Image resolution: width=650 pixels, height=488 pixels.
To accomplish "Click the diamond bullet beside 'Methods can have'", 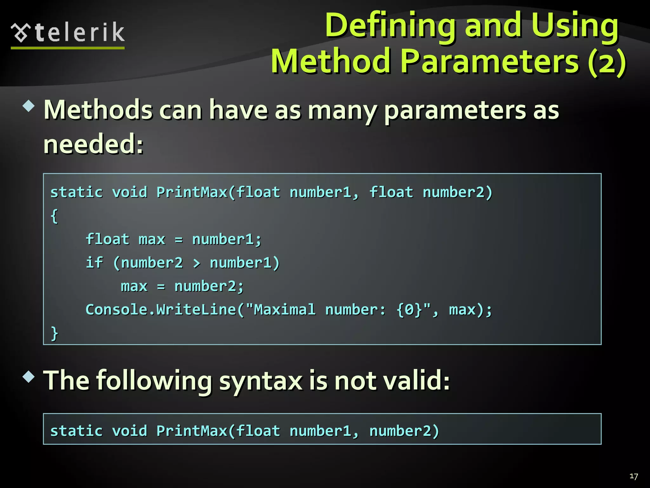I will pyautogui.click(x=29, y=106).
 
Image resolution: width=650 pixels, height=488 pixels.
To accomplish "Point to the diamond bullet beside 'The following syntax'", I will pyautogui.click(x=29, y=376).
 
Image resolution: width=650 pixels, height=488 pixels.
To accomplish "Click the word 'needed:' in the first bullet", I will pyautogui.click(x=93, y=144).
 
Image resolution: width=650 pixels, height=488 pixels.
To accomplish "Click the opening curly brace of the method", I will pyautogui.click(x=54, y=216).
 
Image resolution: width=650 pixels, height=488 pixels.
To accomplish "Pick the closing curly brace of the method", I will pyautogui.click(x=54, y=333).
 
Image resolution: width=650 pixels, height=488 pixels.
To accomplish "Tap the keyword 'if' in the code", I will pyautogui.click(x=94, y=262).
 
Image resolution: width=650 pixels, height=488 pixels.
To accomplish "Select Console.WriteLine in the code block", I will pyautogui.click(x=161, y=309).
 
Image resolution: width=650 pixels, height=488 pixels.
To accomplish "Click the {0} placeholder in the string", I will pyautogui.click(x=409, y=309).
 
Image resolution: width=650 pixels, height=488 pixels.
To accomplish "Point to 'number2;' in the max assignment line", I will pyautogui.click(x=209, y=286).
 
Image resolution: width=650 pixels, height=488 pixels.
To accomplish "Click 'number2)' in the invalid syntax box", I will pyautogui.click(x=404, y=431).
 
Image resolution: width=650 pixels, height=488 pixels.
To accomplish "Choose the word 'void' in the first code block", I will pyautogui.click(x=129, y=192).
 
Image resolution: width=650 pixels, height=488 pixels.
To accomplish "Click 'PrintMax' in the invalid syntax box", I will pyautogui.click(x=192, y=431).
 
